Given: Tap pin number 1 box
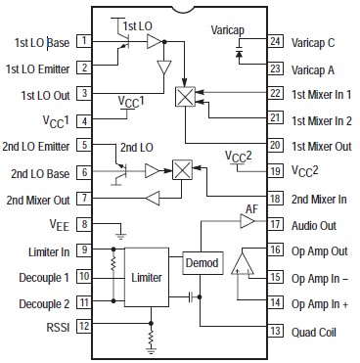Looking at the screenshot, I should point(85,42).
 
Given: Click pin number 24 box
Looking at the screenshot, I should point(276,42).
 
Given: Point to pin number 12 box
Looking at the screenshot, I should point(85,327).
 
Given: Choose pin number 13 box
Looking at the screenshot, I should point(276,330).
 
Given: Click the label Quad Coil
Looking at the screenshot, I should point(312,330).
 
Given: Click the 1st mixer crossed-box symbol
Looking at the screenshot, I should point(182,96).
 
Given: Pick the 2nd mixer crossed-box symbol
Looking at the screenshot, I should point(182,169).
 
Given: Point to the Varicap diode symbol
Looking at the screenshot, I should point(237,58).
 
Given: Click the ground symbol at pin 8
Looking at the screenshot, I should point(120,234).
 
